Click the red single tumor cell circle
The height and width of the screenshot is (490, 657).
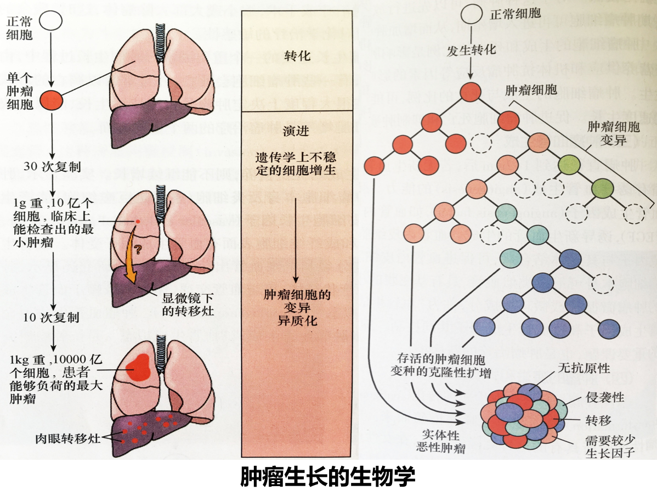[51, 100]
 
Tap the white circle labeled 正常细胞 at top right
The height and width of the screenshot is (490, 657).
[469, 14]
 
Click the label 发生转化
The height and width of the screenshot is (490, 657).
[472, 49]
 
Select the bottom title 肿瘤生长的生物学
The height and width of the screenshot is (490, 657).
[328, 476]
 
